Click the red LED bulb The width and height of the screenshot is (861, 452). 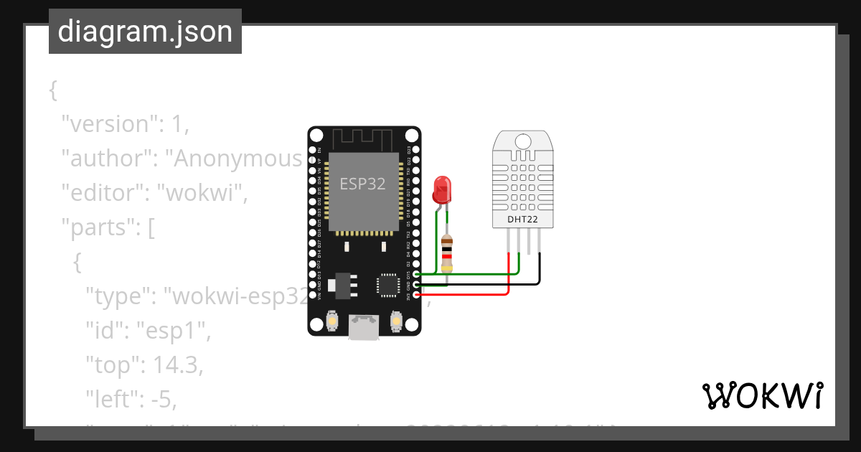pos(441,189)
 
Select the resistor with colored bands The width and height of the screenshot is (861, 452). pos(448,253)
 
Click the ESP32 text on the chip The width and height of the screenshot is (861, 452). pos(362,184)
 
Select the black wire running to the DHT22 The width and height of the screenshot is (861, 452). pos(488,285)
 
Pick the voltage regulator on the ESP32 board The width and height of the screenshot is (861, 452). pos(342,284)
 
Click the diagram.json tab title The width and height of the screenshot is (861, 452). pos(145,32)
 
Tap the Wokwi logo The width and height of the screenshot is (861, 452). pos(762,396)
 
